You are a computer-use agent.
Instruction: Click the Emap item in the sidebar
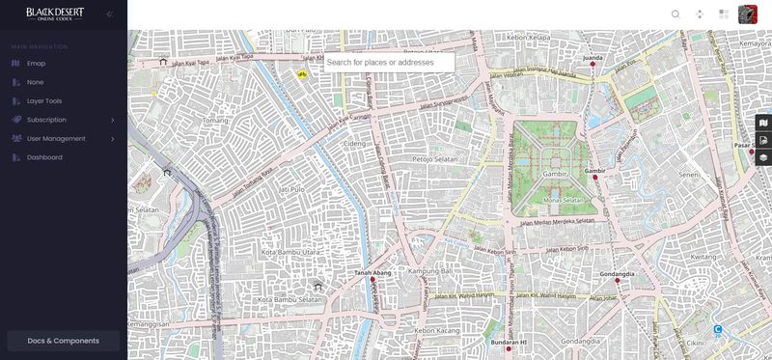pos(36,64)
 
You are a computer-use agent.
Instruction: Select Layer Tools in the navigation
pos(44,101)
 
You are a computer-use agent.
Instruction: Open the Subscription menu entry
pos(46,120)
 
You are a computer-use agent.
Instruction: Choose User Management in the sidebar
pos(55,139)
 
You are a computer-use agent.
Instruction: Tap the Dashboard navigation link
pos(44,157)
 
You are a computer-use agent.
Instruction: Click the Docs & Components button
pos(63,341)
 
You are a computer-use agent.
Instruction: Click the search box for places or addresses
pos(388,63)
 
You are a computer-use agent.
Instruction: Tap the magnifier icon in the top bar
pos(675,14)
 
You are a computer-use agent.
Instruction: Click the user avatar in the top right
pos(747,14)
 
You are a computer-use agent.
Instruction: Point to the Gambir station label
pos(594,171)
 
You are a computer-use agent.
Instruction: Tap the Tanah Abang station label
pos(372,273)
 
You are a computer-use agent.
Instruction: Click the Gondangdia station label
pos(617,274)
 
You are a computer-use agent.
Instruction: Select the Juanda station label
pos(593,58)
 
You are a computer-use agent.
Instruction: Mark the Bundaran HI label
pos(509,342)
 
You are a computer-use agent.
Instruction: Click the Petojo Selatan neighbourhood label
pos(435,158)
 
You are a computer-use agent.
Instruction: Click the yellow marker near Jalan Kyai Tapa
pos(302,73)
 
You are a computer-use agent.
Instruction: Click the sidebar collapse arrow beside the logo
pos(109,14)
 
